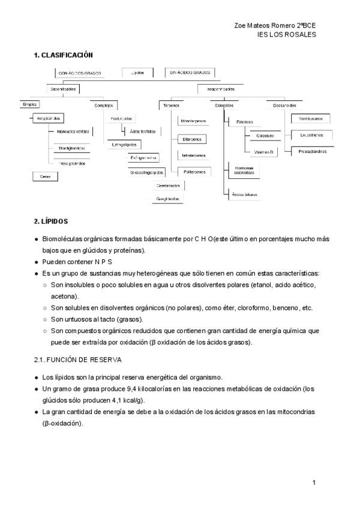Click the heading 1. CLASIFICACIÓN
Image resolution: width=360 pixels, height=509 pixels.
coord(64,55)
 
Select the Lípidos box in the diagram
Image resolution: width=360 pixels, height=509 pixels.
coord(137,73)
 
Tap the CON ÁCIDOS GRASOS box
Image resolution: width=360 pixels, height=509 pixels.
coord(80,73)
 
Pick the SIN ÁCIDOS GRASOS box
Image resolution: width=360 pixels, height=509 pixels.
coord(190,73)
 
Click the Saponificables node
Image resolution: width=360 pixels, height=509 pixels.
coord(62,89)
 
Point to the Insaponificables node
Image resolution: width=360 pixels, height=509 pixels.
coord(221,89)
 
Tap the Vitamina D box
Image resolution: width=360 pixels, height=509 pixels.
coord(265,152)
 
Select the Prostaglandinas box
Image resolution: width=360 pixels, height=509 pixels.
coord(313,151)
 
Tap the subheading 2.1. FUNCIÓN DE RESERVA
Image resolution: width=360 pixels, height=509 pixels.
coord(78,360)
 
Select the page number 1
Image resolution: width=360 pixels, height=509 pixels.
coord(314,483)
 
